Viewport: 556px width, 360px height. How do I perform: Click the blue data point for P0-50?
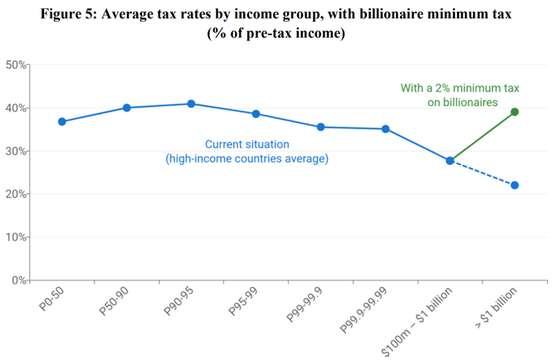[x=62, y=122]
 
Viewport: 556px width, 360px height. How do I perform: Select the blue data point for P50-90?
[x=127, y=108]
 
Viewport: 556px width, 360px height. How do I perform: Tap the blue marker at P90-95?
[x=191, y=104]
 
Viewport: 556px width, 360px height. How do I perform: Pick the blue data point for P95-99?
[x=256, y=114]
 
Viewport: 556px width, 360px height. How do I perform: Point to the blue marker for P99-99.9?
[x=320, y=127]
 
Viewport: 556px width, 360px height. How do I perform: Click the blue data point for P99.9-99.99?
[x=385, y=129]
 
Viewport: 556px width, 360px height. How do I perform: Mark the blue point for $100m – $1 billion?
[x=450, y=161]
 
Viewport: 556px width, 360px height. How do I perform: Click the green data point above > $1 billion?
[x=515, y=112]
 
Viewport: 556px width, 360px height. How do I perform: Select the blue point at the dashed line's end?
[x=515, y=185]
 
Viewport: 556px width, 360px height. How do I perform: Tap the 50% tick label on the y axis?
[x=17, y=65]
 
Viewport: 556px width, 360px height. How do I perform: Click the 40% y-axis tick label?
[x=17, y=108]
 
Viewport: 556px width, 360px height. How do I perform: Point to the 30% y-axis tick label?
[x=17, y=151]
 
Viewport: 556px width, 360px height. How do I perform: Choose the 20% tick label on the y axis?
[x=17, y=194]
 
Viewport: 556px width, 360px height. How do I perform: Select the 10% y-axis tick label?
[x=17, y=237]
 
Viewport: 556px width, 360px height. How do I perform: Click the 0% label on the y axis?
[x=19, y=280]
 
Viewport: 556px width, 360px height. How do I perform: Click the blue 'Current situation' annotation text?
[x=246, y=144]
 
